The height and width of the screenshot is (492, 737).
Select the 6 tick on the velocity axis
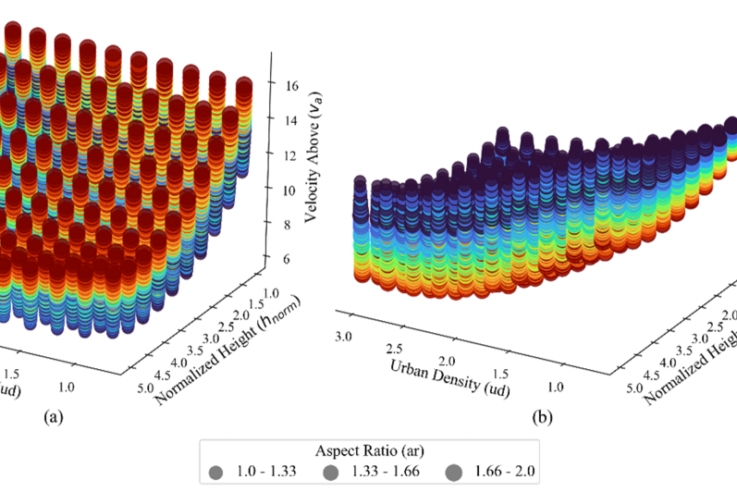[x=288, y=259]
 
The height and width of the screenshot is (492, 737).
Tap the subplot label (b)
[x=544, y=417]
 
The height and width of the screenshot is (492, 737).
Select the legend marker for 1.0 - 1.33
[x=216, y=474]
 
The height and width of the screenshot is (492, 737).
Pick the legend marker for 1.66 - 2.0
[x=453, y=474]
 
